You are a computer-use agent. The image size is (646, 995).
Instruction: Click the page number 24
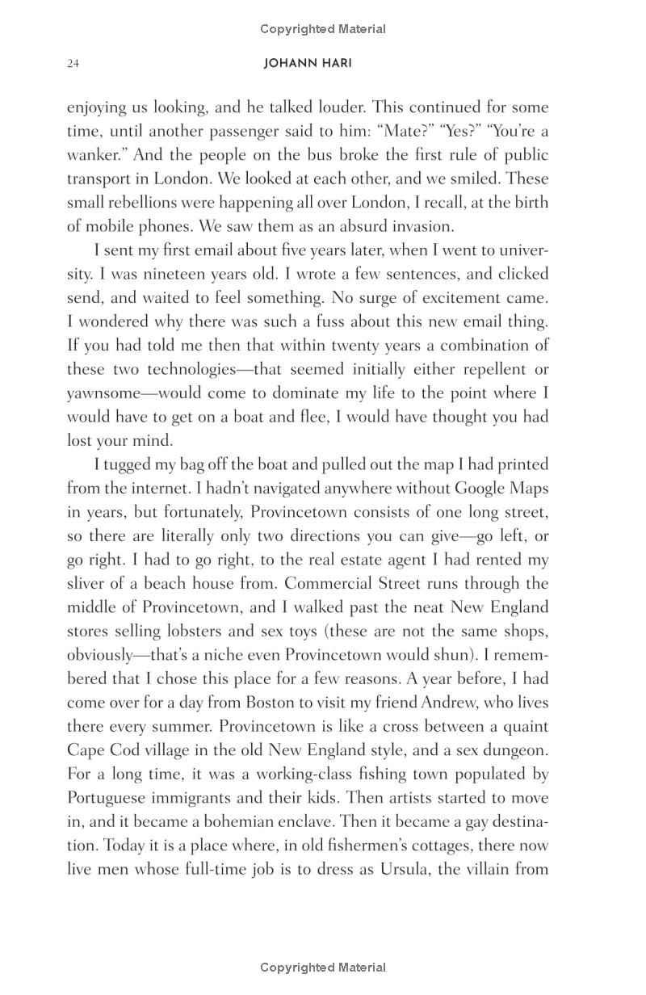pyautogui.click(x=73, y=64)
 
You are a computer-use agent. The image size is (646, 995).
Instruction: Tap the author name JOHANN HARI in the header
pyautogui.click(x=308, y=64)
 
